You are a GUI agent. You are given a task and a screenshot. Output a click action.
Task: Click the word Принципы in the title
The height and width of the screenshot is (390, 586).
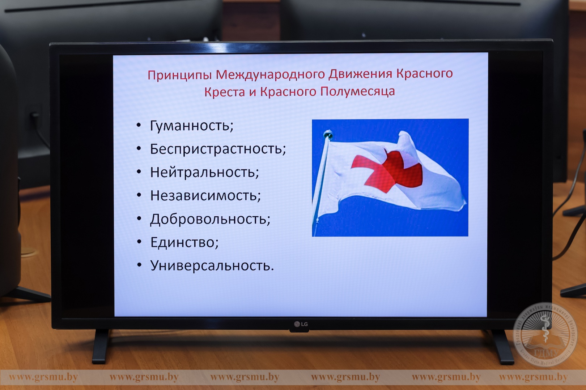coord(179,75)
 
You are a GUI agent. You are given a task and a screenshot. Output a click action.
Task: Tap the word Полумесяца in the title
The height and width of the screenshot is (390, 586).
coord(357,92)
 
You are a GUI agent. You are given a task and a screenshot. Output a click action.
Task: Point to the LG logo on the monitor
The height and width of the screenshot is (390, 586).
coord(301,324)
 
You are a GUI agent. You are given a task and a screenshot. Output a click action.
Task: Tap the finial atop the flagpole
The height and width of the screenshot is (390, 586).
coord(328,135)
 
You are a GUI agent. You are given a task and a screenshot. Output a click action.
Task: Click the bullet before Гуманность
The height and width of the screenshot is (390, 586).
coord(139,125)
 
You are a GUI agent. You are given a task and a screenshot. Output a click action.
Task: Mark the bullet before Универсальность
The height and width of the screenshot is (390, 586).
coord(139,265)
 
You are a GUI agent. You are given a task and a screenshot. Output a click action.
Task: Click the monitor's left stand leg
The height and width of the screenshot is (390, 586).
coord(101,346)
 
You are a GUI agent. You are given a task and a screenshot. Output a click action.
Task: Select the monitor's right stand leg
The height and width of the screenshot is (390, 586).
coord(502,347)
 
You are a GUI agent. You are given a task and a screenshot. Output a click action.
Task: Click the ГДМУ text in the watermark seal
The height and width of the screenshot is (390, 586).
coord(546,353)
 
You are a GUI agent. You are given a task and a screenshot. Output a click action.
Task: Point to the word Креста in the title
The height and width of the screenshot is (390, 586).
coord(225,92)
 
